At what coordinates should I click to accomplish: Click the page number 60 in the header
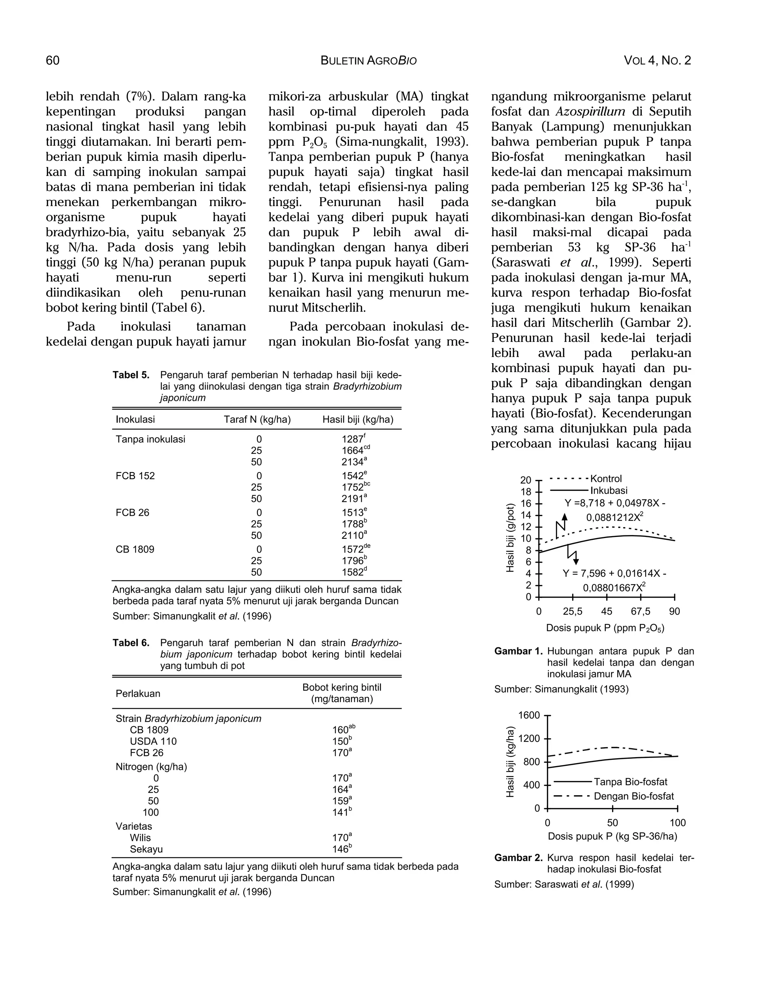click(52, 61)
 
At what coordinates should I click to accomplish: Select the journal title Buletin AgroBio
click(368, 61)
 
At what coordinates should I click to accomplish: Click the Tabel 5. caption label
click(131, 375)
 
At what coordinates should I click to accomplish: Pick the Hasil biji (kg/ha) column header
click(358, 419)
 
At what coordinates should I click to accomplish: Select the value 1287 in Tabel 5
click(353, 440)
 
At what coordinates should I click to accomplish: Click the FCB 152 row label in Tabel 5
click(135, 476)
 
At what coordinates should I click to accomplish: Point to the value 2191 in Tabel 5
click(353, 499)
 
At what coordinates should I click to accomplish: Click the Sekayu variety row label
click(146, 849)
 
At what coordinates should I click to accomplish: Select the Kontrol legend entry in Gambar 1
click(606, 478)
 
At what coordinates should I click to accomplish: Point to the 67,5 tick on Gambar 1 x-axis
click(641, 611)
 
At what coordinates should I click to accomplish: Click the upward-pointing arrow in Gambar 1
click(564, 518)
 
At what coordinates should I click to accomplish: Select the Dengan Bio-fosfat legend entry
click(634, 796)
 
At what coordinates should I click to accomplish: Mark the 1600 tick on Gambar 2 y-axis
click(529, 715)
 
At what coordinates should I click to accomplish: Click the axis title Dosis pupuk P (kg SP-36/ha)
click(612, 836)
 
